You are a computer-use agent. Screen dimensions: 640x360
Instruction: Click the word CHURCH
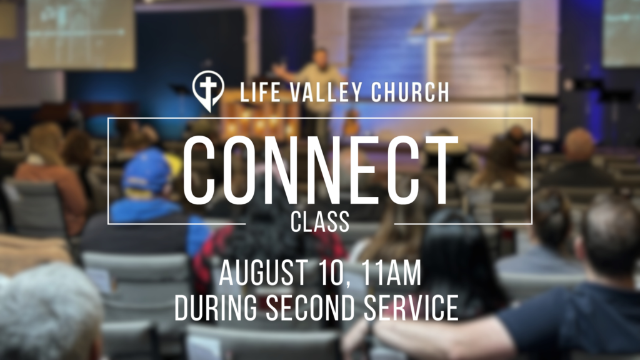coord(411,92)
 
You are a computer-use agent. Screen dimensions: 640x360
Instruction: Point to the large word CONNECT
coord(321,170)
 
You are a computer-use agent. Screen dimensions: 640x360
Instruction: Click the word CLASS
coord(320,222)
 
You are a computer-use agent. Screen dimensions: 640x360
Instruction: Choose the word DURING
coord(216,307)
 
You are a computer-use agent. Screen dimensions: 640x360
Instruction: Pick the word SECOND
coord(310,307)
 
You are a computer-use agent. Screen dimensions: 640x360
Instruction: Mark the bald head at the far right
coord(578,145)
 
